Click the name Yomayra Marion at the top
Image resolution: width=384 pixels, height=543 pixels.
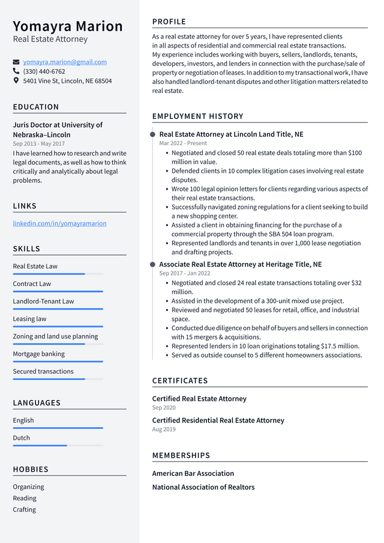[x=68, y=26]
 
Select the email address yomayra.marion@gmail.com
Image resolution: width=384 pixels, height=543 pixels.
[x=65, y=62]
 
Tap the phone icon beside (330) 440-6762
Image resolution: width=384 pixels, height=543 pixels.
[x=16, y=71]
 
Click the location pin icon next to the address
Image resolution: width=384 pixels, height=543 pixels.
[x=16, y=80]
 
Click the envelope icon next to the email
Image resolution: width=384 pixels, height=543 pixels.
[x=16, y=62]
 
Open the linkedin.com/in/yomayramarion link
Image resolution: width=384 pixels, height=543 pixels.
[x=59, y=223]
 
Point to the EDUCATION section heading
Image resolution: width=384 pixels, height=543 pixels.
[x=36, y=107]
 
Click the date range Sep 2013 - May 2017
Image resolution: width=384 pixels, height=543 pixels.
[x=38, y=144]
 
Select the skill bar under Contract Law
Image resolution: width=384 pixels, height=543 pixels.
[x=58, y=292]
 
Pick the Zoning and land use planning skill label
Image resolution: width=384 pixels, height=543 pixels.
[x=55, y=336]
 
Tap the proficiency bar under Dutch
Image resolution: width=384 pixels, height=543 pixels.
[x=58, y=445]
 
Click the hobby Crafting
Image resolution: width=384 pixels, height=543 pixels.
[x=25, y=509]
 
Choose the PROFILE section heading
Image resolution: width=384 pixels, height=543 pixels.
[x=169, y=22]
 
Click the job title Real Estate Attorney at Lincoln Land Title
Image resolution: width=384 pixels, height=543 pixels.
[x=231, y=134]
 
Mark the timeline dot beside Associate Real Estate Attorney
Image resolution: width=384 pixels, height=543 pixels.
[x=152, y=264]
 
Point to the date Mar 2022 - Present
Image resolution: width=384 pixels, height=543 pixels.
[x=183, y=143]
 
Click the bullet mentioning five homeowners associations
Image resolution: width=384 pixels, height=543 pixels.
[x=266, y=355]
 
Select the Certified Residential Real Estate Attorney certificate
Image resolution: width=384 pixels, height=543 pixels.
[x=218, y=420]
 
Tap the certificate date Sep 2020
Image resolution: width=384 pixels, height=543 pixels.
[x=164, y=408]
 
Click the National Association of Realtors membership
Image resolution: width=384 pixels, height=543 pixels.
[x=203, y=487]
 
